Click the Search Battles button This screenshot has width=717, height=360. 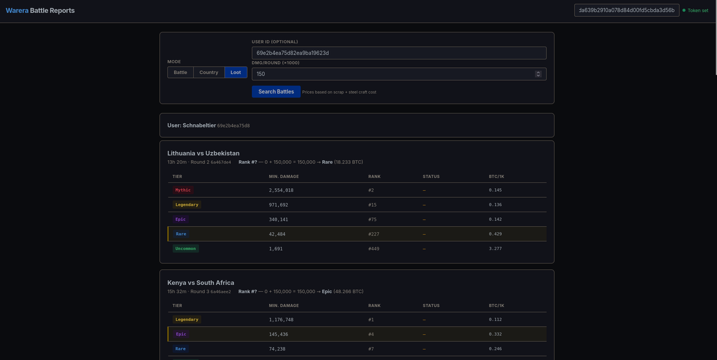[276, 91]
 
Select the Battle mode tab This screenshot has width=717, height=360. [180, 72]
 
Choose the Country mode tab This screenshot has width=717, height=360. [209, 72]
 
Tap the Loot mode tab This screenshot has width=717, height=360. [236, 72]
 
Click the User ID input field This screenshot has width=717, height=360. [399, 53]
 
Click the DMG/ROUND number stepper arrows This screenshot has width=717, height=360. [538, 74]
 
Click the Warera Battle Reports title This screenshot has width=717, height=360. [40, 11]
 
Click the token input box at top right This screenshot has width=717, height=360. [626, 10]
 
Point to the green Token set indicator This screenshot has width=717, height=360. [695, 11]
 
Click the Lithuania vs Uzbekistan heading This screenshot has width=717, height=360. [203, 153]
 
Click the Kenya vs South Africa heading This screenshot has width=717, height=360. [201, 283]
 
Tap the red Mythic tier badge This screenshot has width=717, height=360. [183, 190]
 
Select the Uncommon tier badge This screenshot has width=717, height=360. [185, 249]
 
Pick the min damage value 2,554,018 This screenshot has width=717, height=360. [281, 190]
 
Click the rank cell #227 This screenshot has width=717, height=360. [374, 234]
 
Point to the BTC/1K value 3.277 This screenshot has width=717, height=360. [495, 249]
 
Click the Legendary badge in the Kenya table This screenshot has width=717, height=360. [187, 319]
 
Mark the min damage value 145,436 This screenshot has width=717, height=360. [278, 334]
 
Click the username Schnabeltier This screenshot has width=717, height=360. [199, 125]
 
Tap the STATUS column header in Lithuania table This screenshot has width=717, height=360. [431, 176]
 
